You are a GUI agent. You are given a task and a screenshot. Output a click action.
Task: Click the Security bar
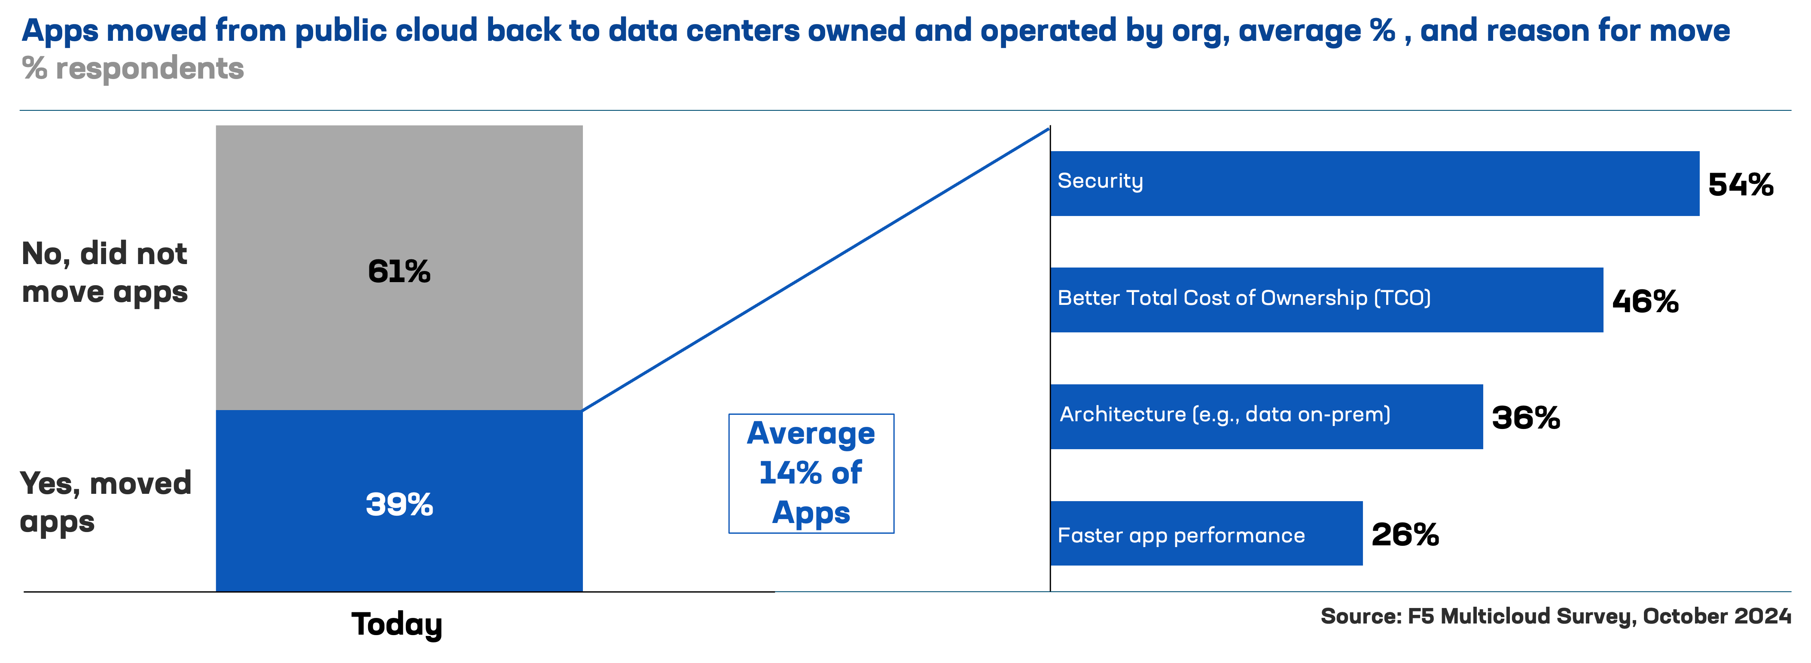pyautogui.click(x=1375, y=183)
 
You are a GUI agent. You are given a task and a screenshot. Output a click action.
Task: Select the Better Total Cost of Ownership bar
pyautogui.click(x=1326, y=300)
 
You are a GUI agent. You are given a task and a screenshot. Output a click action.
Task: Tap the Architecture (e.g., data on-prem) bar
pyautogui.click(x=1266, y=416)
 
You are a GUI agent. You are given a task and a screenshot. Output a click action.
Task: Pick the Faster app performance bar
pyautogui.click(x=1206, y=533)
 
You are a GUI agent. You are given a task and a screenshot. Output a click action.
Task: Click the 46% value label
pyautogui.click(x=1645, y=301)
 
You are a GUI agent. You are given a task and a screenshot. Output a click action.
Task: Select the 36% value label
pyautogui.click(x=1526, y=418)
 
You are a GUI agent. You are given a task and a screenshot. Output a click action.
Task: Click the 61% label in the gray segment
pyautogui.click(x=399, y=271)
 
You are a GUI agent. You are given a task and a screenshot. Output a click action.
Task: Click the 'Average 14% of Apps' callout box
pyautogui.click(x=811, y=473)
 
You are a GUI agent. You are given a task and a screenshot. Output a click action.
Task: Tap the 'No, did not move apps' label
pyautogui.click(x=105, y=273)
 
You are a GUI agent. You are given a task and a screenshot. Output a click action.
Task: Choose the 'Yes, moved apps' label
pyautogui.click(x=105, y=502)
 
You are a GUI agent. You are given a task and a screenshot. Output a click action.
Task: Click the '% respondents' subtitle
pyautogui.click(x=133, y=69)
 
